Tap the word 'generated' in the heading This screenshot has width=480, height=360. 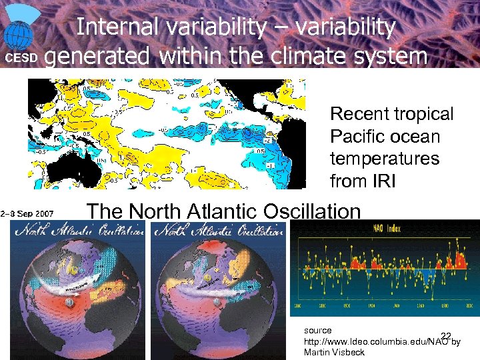[x=100, y=56]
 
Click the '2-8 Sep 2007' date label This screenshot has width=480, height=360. [x=27, y=213]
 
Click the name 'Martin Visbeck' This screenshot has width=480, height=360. [x=334, y=352]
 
